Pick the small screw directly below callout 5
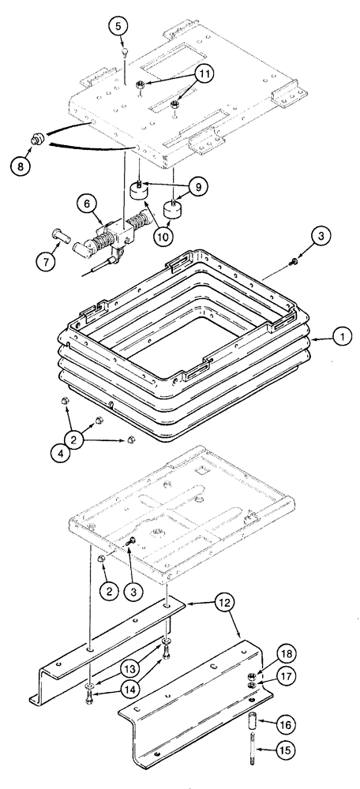coord(126,53)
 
